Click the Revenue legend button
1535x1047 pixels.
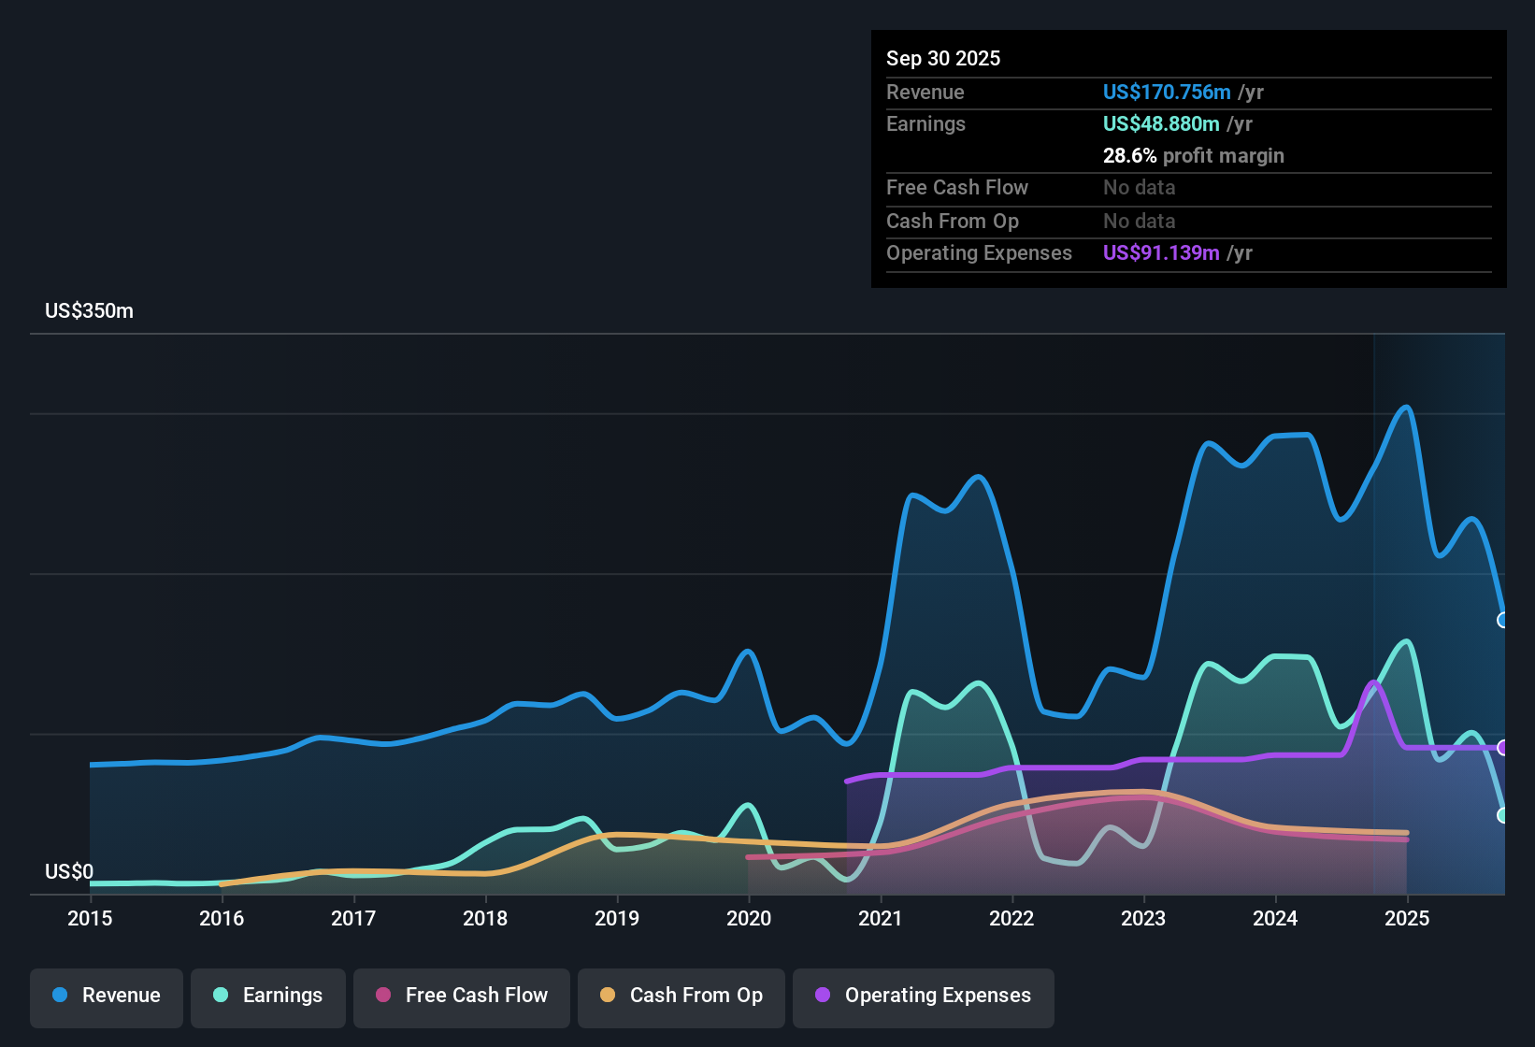(x=107, y=996)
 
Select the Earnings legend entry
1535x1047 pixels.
(x=268, y=996)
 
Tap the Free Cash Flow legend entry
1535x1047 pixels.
(x=462, y=996)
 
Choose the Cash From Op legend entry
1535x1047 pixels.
(x=681, y=996)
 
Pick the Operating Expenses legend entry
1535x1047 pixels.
(x=924, y=996)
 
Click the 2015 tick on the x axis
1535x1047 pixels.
(x=90, y=918)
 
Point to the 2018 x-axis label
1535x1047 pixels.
(x=485, y=918)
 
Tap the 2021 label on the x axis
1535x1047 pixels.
(x=880, y=918)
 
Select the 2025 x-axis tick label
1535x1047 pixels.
(x=1406, y=918)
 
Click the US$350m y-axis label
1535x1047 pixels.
(x=89, y=311)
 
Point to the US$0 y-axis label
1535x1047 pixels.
(x=69, y=872)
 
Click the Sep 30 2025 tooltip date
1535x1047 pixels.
(x=942, y=59)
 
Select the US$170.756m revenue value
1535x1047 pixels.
(x=1166, y=93)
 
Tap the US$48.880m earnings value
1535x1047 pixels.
(x=1160, y=124)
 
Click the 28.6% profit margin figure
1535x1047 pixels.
(x=1129, y=156)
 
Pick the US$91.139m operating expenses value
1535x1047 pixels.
(x=1160, y=253)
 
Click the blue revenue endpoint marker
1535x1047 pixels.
(x=1503, y=620)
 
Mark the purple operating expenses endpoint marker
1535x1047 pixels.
(x=1503, y=748)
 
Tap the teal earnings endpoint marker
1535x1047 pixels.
(x=1503, y=815)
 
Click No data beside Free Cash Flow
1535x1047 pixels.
(x=1139, y=188)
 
